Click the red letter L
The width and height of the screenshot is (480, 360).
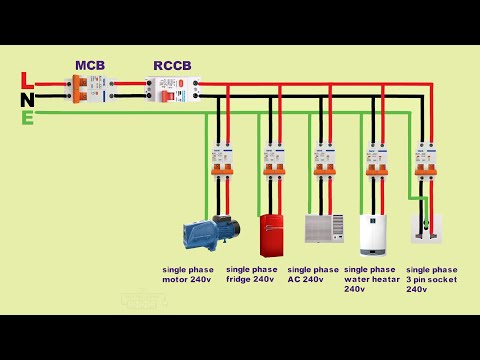(x=27, y=79)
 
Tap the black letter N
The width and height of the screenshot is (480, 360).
(x=27, y=99)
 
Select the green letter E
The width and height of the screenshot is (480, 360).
(x=27, y=118)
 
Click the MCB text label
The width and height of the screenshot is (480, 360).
(x=90, y=66)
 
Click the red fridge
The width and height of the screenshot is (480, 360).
(x=272, y=235)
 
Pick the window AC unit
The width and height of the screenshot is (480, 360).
(x=322, y=228)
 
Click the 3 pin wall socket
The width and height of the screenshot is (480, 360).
(x=427, y=227)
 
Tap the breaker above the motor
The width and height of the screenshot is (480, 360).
(x=221, y=160)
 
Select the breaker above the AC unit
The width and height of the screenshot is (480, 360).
(x=324, y=160)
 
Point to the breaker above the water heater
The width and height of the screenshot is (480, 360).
(x=377, y=160)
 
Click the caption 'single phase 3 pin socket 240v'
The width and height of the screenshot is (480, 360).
(x=433, y=279)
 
